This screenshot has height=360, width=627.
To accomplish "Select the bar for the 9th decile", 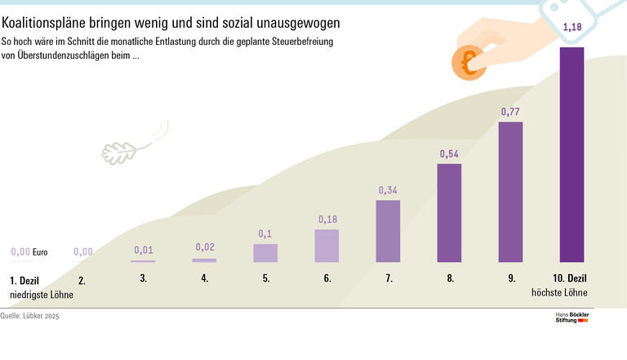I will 510,192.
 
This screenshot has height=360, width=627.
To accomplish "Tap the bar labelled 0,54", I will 449,213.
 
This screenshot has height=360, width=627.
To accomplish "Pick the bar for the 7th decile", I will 388,231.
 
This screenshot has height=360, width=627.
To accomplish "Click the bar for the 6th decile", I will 327,246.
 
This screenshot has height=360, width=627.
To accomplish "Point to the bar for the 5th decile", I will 265,253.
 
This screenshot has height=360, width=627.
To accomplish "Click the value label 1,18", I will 571,28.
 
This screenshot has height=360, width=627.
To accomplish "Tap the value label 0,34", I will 388,190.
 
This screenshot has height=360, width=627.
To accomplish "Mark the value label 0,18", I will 327,219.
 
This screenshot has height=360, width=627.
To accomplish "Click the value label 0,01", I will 143,249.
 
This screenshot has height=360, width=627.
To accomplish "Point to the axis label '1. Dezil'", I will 24,279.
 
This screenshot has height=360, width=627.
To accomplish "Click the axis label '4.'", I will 204,278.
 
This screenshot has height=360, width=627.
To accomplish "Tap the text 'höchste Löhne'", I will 559,292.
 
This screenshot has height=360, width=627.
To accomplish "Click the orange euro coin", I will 468,64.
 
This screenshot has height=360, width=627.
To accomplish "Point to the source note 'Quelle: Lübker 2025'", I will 30,315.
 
